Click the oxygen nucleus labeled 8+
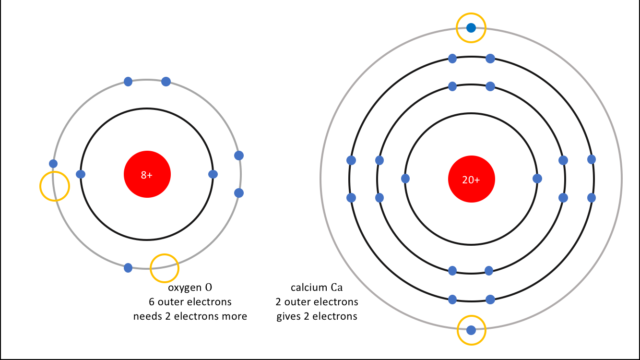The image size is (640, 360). tap(147, 175)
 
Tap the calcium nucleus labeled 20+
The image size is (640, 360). tap(471, 180)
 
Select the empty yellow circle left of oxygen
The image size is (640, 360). tap(54, 186)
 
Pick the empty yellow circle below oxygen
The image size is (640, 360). tap(165, 268)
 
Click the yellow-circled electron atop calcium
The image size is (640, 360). tap(471, 28)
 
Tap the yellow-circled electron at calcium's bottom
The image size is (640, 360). tap(471, 330)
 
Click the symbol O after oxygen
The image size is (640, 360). tap(208, 288)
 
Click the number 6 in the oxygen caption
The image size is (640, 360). tap(152, 302)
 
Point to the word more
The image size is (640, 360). tap(234, 316)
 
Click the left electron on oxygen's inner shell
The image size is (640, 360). tap(81, 174)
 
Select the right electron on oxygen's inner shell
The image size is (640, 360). tap(213, 174)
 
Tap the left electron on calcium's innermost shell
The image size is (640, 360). tap(405, 179)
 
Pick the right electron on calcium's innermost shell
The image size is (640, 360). tap(537, 179)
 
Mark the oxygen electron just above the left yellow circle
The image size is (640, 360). tap(53, 164)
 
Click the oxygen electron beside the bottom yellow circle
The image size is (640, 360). tap(128, 267)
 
